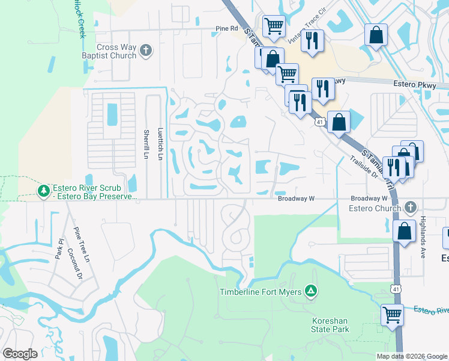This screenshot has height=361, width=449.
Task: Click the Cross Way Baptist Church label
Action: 116,51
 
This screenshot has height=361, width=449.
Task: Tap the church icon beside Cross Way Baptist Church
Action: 146,51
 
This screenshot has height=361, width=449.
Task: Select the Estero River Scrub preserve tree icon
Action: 43,191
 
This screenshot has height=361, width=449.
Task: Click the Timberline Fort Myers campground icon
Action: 311,292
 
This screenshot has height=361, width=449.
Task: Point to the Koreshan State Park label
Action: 330,325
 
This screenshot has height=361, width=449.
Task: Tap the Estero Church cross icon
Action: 411,208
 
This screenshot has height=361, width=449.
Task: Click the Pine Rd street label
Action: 227,28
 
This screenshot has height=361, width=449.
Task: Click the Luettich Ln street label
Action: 160,144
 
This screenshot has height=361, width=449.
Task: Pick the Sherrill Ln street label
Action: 146,144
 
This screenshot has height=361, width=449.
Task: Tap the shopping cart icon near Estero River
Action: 392,314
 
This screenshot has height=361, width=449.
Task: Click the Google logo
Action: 20,354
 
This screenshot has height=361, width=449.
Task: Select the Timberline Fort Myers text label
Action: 262,292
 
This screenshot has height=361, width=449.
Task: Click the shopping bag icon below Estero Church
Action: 405,230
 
